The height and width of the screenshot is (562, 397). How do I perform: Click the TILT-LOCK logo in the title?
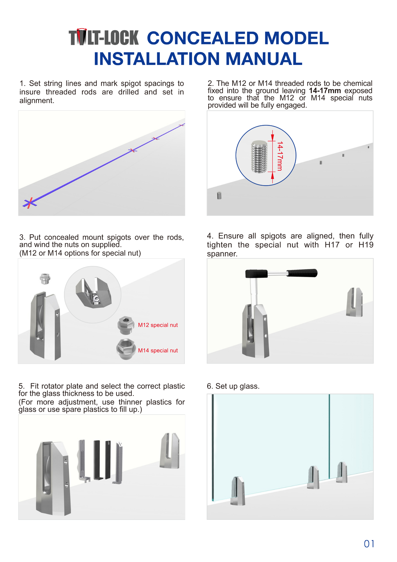pyautogui.click(x=104, y=38)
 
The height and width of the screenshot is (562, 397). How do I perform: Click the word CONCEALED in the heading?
pyautogui.click(x=202, y=38)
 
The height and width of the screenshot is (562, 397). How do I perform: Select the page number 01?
pyautogui.click(x=369, y=544)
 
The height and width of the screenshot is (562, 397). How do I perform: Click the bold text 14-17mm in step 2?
pyautogui.click(x=325, y=91)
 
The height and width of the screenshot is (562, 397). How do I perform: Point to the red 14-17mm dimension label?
pyautogui.click(x=280, y=156)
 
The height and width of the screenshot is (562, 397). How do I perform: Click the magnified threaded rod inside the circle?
pyautogui.click(x=259, y=157)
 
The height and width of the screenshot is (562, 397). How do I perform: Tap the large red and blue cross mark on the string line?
pyautogui.click(x=30, y=203)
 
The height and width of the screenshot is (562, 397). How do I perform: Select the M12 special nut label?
pyautogui.click(x=158, y=325)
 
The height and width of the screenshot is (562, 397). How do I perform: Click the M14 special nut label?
pyautogui.click(x=158, y=351)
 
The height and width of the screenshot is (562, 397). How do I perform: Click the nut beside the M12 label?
pyautogui.click(x=126, y=325)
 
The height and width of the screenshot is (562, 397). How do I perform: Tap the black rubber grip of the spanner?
pyautogui.click(x=302, y=273)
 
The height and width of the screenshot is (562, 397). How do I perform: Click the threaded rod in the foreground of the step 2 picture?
pyautogui.click(x=219, y=196)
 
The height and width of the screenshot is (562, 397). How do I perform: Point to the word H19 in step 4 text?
pyautogui.click(x=366, y=245)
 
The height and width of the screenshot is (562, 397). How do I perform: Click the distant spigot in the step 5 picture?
pyautogui.click(x=170, y=451)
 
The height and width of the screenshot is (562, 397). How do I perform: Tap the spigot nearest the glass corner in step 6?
pyautogui.click(x=238, y=491)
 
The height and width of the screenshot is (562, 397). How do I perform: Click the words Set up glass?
pyautogui.click(x=237, y=386)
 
